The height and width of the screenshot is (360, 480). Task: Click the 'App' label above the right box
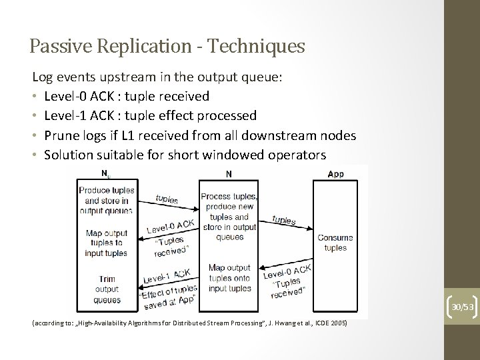336,174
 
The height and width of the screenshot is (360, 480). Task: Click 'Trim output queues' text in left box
107,289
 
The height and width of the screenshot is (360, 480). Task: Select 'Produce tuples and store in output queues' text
107,201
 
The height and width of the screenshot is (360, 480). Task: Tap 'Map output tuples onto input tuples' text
229,278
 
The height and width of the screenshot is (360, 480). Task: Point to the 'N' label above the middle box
229,174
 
